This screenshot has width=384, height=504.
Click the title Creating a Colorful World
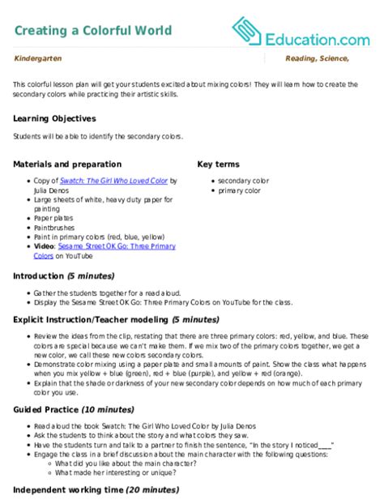click(93, 31)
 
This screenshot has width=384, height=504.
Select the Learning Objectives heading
click(55, 117)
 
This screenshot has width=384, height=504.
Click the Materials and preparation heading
click(68, 163)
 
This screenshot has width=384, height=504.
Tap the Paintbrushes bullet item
click(50, 228)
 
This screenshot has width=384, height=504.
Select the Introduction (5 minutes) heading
click(62, 275)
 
